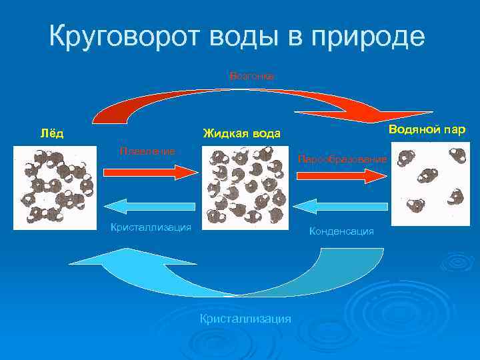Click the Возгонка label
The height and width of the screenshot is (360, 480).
pos(251,76)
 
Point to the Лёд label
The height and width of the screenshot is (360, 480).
pos(52,133)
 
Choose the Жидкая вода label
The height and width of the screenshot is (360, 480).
pos(242,133)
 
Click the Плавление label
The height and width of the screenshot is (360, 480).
pos(147,151)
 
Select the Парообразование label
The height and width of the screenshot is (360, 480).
pos(342,160)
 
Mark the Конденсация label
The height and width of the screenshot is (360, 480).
pos(341,231)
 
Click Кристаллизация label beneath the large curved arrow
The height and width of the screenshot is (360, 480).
pos(245,319)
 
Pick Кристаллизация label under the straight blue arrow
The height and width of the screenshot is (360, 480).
pos(151,227)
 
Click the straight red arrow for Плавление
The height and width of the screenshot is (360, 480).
pos(150,172)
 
